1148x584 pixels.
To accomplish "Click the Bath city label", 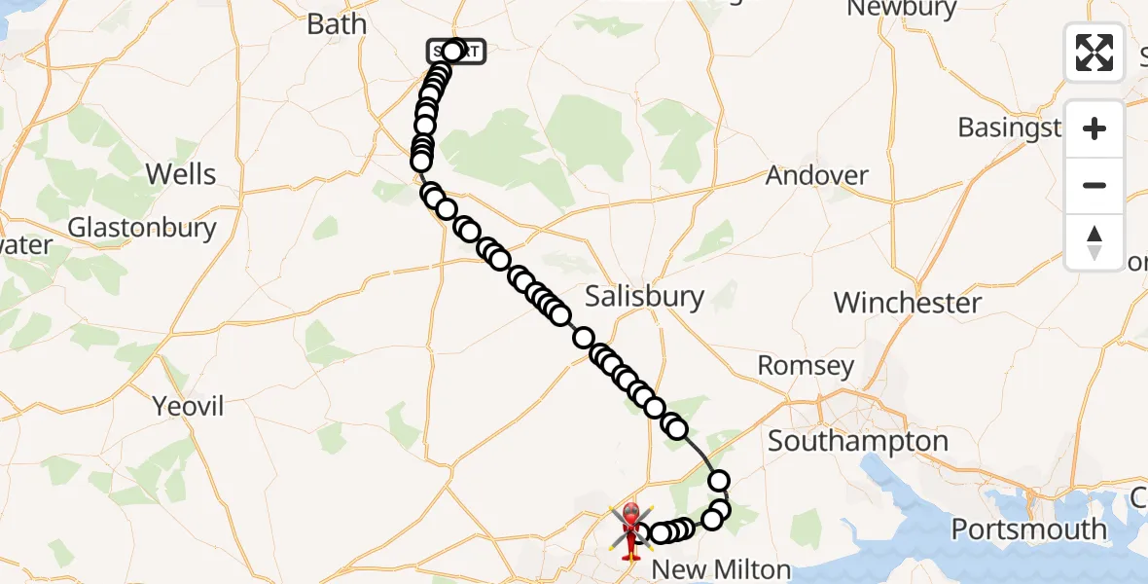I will (337, 24).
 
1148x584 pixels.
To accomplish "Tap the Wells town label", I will (180, 174).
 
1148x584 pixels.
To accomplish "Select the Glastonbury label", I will (142, 228).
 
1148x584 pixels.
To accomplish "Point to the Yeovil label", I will (188, 406).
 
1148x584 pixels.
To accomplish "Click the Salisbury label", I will (644, 296).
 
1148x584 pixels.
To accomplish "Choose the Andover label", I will (816, 176).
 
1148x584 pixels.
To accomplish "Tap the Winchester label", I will (908, 303).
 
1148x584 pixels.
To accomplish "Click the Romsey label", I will (806, 367).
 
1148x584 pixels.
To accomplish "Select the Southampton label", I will (857, 441).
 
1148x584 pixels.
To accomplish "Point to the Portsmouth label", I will (1028, 529).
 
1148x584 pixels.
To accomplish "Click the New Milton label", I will (720, 568).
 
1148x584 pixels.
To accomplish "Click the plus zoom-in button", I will (1094, 129).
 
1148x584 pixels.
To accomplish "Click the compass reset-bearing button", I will (1094, 241).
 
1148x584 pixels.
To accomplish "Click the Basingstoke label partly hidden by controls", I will (1009, 128).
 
